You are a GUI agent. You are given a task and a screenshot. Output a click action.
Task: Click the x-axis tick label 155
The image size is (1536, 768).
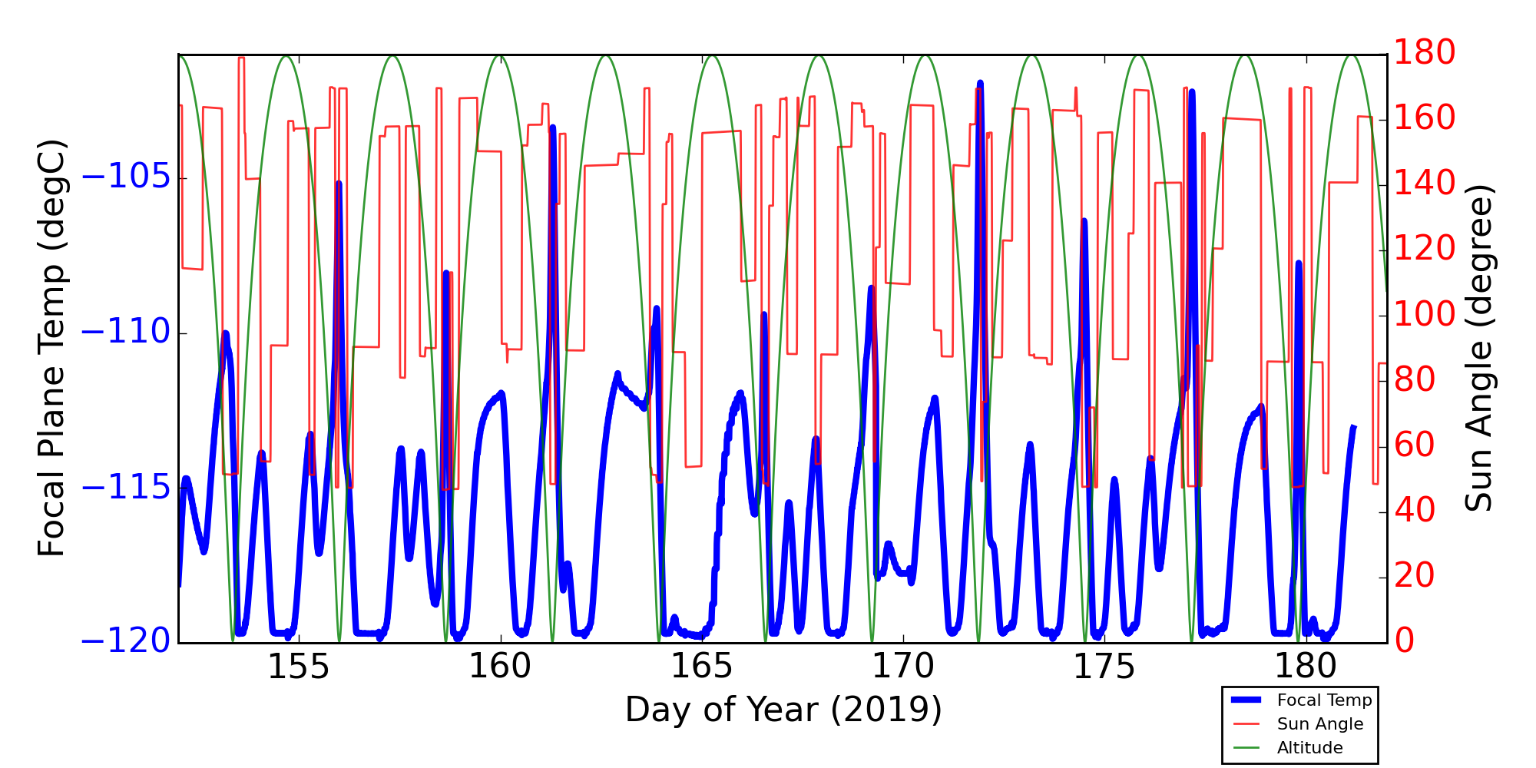coord(298,667)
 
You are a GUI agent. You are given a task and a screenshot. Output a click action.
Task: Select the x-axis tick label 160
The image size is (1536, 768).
coord(500,667)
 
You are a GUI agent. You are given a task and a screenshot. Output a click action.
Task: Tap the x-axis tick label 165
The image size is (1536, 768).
coord(701,667)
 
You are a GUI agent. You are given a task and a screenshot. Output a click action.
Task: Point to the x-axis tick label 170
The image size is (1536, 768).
coord(902,667)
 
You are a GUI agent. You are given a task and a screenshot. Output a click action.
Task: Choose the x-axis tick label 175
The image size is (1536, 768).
coord(1104,667)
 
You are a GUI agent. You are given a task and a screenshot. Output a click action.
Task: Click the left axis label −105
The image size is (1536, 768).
coord(125,177)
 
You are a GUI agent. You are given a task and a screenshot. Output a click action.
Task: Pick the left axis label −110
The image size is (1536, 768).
coord(125,333)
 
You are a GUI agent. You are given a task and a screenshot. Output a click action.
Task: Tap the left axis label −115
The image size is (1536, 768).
coord(125,488)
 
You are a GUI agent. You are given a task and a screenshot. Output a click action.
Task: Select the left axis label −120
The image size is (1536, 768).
coord(125,642)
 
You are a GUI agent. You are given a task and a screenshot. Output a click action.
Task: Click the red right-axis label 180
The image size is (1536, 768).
coord(1425,53)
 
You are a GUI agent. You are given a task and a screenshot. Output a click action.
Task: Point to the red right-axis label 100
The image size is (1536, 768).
coord(1425,315)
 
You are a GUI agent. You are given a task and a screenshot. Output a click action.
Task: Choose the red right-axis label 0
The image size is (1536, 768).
coord(1405,641)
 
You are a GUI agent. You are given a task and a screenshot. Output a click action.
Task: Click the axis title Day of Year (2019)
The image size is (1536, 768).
coord(783,710)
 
